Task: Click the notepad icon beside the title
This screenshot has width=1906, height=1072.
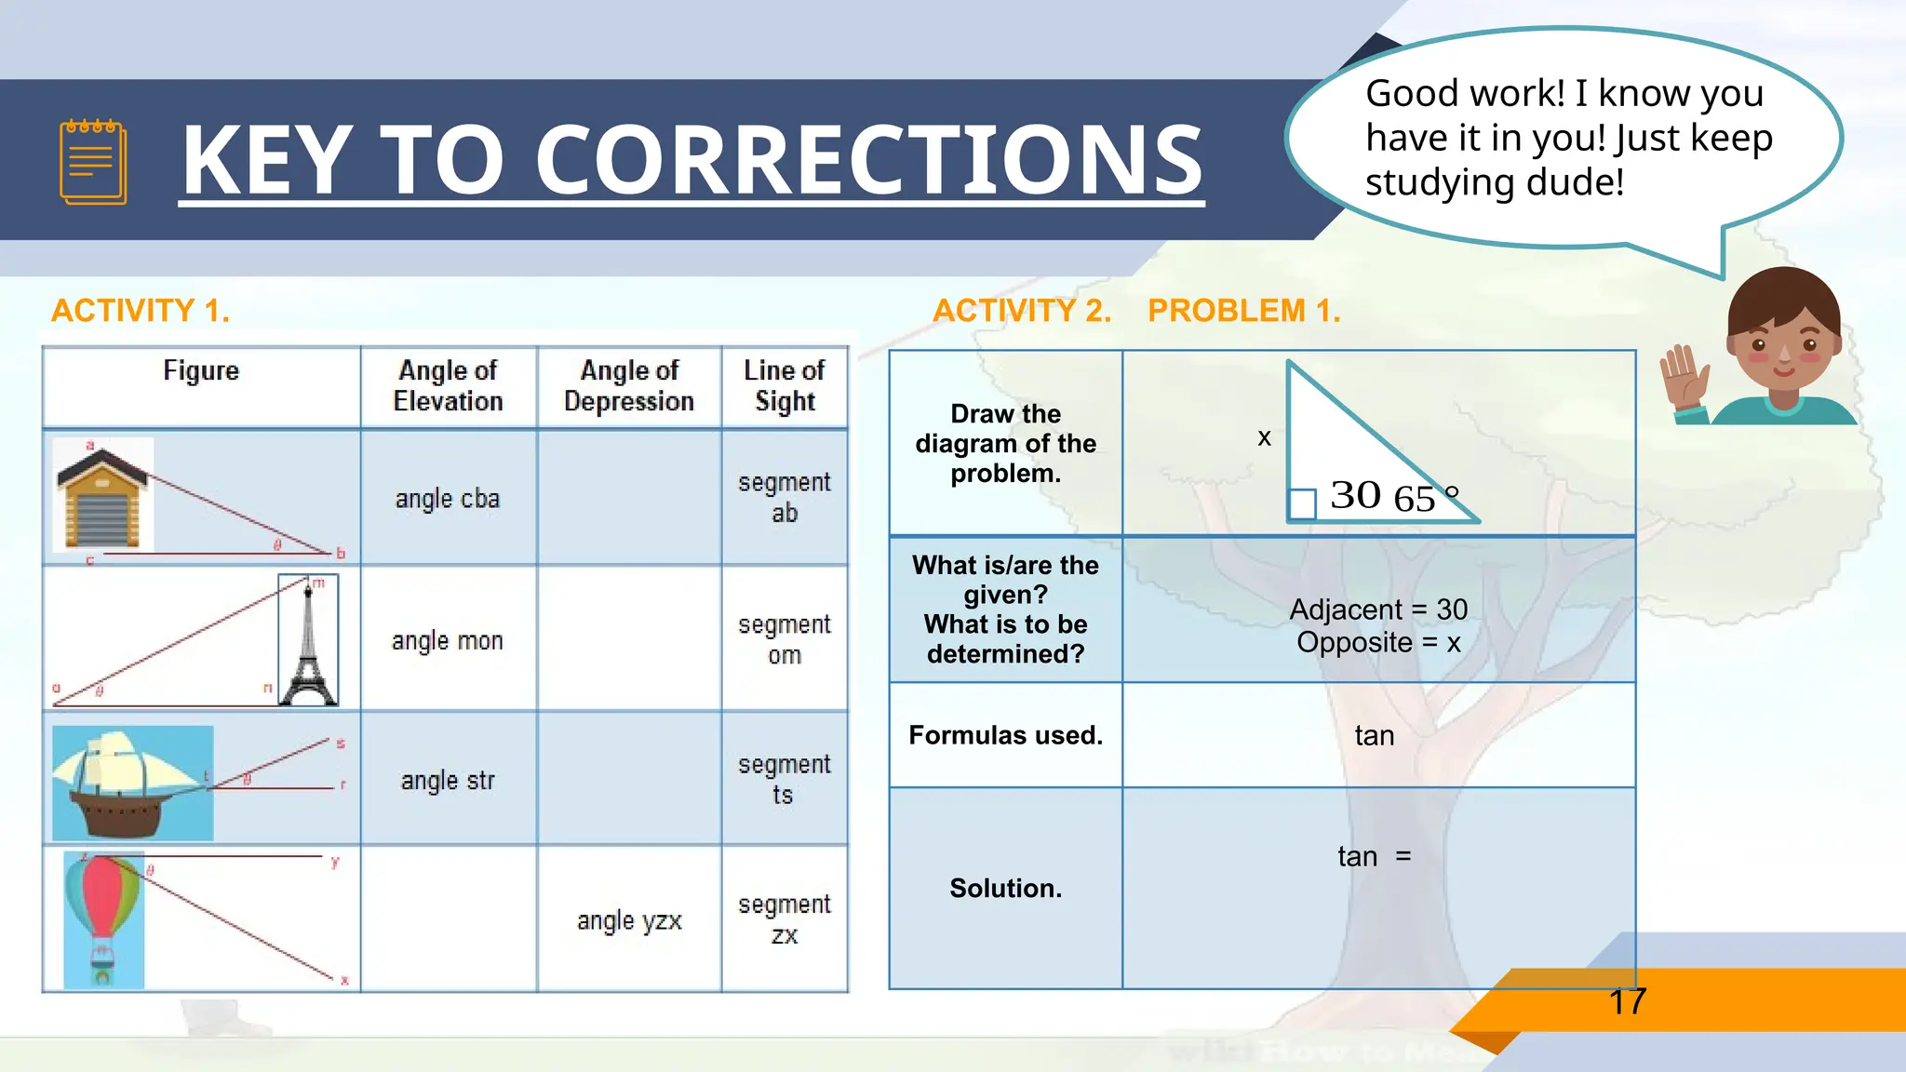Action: (x=93, y=161)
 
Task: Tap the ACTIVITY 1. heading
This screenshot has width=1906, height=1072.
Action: (x=141, y=310)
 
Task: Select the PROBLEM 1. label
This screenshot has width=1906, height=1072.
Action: (x=1244, y=310)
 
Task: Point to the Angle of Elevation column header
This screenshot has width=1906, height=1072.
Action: (x=448, y=385)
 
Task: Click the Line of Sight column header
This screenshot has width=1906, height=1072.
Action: (x=785, y=385)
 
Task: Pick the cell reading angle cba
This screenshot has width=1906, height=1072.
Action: (x=448, y=499)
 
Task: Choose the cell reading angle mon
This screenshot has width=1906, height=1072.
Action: (x=448, y=641)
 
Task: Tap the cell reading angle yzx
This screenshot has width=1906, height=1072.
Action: (x=629, y=921)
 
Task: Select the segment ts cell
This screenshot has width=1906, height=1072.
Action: (x=785, y=780)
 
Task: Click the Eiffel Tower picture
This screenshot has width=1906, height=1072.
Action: (x=308, y=642)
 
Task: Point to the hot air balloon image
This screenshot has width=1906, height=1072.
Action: (x=103, y=917)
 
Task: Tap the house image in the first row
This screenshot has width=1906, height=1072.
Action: (x=102, y=497)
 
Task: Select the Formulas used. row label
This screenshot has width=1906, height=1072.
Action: (x=1005, y=735)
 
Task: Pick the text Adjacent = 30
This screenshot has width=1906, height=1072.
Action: (x=1378, y=610)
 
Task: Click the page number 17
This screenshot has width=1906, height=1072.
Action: (x=1628, y=1002)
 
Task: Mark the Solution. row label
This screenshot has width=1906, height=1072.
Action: (x=1005, y=889)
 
